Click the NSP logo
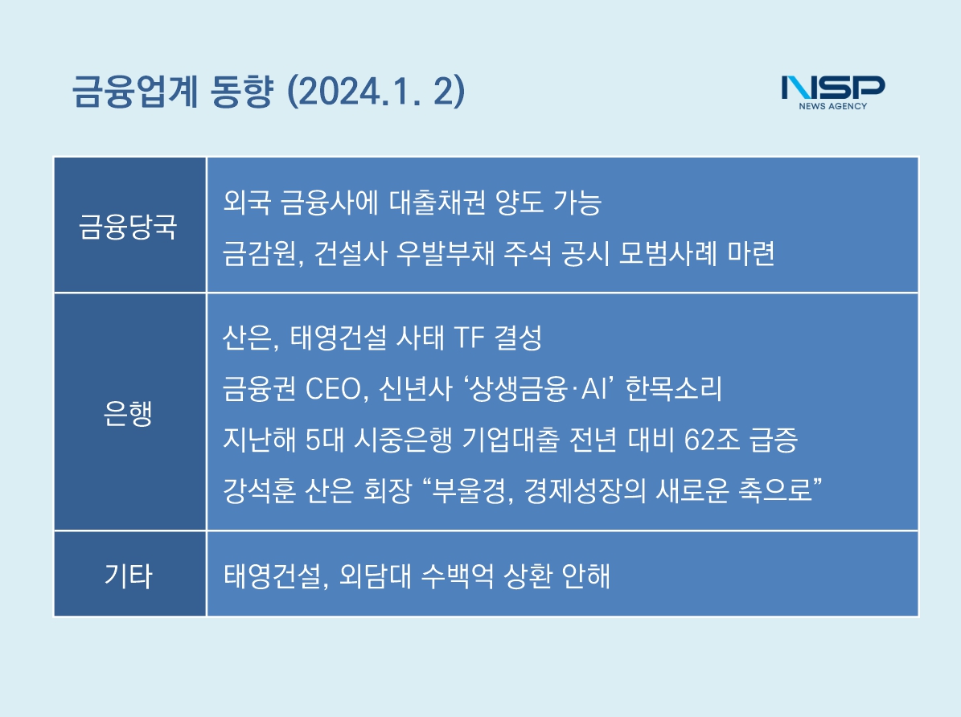click(x=833, y=92)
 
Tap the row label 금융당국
click(x=128, y=227)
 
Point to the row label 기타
click(x=128, y=576)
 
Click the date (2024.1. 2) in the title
click(x=376, y=92)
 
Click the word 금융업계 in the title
click(x=135, y=92)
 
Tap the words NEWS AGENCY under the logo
click(x=833, y=106)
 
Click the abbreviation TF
click(x=469, y=338)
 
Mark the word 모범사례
click(x=667, y=254)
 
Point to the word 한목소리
click(x=674, y=389)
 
